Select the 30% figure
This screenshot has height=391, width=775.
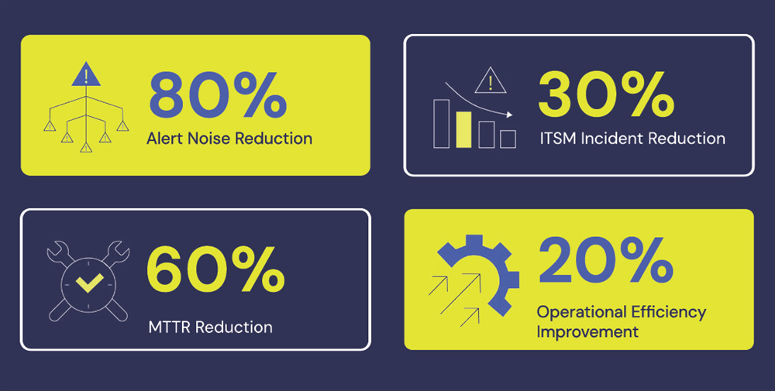[606, 94]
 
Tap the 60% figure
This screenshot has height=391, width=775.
[215, 269]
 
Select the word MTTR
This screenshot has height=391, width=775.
[170, 327]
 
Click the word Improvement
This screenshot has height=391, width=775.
[587, 331]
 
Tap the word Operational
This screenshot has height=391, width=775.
[574, 313]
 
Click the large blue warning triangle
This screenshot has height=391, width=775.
[86, 74]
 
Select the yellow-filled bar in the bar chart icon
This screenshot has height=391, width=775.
[463, 130]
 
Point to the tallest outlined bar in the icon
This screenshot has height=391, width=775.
[442, 123]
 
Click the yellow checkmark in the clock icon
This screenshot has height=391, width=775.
[89, 283]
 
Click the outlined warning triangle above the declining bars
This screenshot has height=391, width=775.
[491, 81]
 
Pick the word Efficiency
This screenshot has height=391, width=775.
[661, 313]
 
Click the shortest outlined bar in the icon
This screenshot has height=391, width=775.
[508, 139]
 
